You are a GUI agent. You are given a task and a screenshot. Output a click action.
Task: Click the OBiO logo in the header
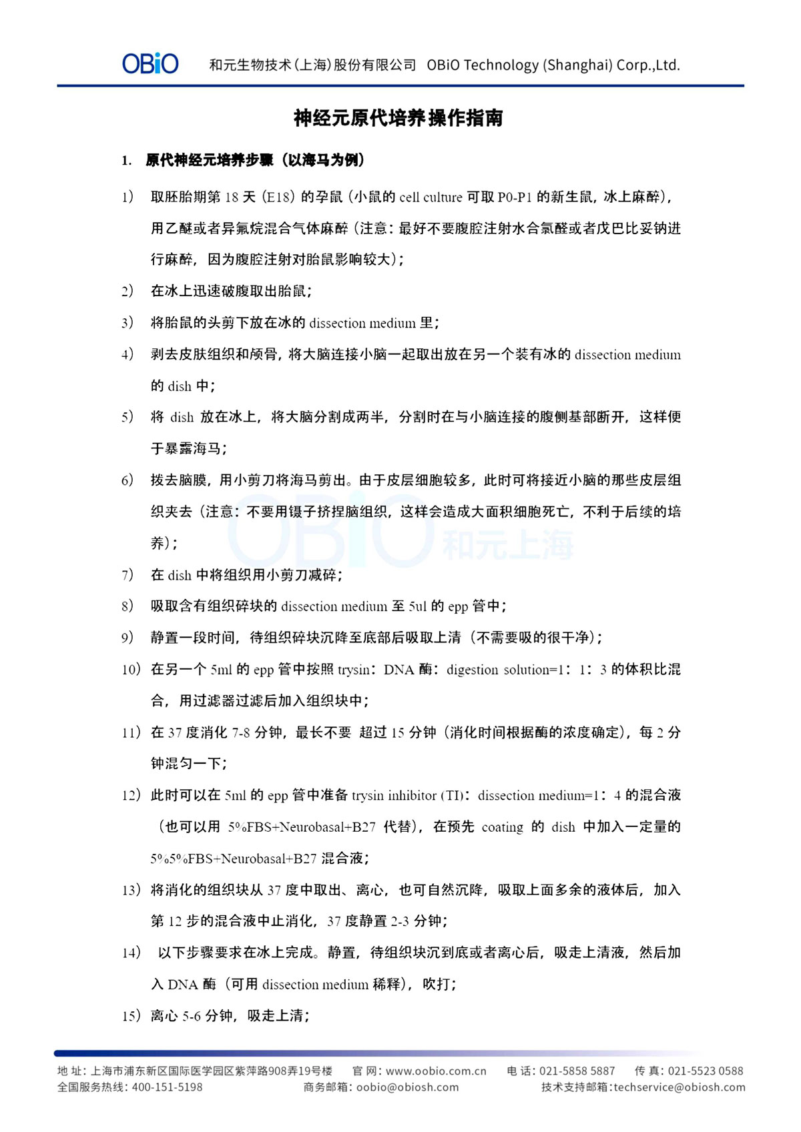click(x=150, y=64)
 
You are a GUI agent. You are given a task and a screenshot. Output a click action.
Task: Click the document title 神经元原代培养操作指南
click(x=398, y=119)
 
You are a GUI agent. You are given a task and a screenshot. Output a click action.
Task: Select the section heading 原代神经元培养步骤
click(x=210, y=160)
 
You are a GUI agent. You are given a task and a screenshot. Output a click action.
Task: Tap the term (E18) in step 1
click(x=278, y=197)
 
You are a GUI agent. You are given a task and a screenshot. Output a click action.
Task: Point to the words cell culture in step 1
click(x=431, y=197)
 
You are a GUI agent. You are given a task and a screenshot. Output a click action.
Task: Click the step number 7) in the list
click(x=127, y=575)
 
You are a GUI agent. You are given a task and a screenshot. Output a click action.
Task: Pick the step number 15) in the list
click(x=131, y=1016)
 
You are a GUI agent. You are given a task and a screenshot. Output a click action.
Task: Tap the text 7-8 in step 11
click(x=241, y=732)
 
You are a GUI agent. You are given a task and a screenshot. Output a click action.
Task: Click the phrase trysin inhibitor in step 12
click(x=393, y=795)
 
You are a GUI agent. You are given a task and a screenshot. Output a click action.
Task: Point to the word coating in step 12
click(x=503, y=827)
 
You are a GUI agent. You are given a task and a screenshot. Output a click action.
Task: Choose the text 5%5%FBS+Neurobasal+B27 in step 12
click(x=234, y=859)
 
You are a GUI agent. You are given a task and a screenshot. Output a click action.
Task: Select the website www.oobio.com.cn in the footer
click(x=436, y=1071)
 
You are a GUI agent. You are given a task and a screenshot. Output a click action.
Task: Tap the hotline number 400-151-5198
click(x=168, y=1087)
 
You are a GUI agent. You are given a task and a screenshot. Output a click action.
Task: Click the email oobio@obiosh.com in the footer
click(x=408, y=1087)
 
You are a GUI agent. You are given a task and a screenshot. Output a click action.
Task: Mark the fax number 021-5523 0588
click(x=706, y=1071)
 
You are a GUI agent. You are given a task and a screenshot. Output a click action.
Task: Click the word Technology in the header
click(x=501, y=65)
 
